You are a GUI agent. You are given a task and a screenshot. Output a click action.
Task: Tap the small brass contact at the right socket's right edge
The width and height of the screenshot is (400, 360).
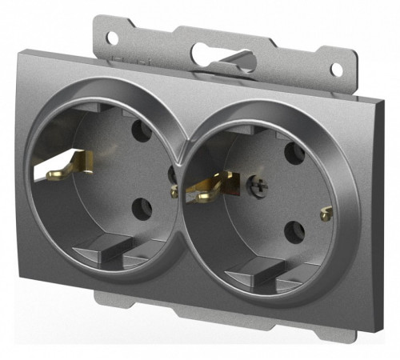click(325, 214)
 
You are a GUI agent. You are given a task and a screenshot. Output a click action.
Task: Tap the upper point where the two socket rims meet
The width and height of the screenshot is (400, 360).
click(181, 137)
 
